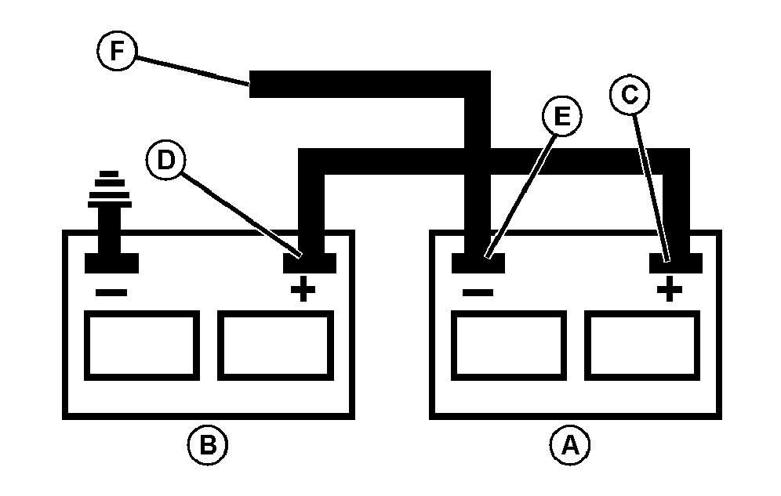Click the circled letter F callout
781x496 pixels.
tap(116, 52)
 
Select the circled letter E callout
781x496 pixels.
tap(561, 118)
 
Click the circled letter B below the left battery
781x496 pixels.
tap(207, 446)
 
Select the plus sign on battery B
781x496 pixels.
tap(303, 291)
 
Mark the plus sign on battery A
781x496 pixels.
tap(669, 291)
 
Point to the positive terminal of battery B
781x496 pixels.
tap(311, 261)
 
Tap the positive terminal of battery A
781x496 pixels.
tap(675, 262)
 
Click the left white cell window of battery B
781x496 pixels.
tap(141, 345)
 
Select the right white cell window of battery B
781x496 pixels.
tap(274, 345)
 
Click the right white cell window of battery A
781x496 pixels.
tap(641, 345)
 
